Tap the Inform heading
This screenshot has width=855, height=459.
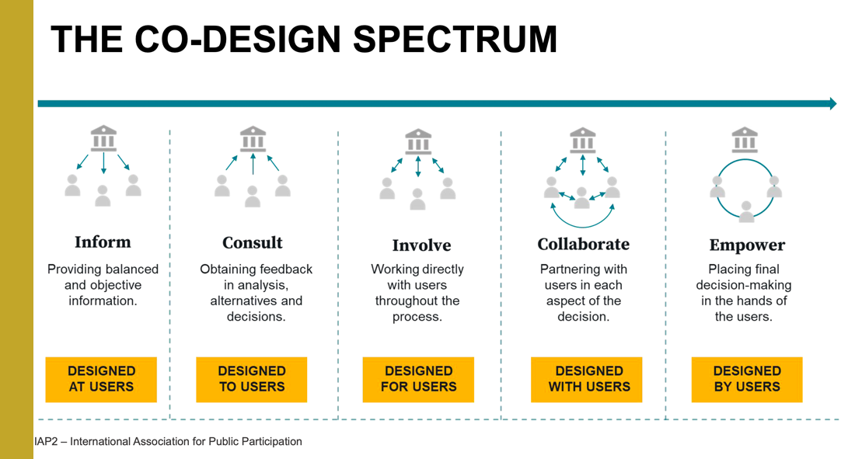(103, 242)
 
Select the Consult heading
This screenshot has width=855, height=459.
(253, 242)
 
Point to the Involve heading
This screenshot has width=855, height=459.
(421, 245)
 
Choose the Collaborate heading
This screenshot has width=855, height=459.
(583, 244)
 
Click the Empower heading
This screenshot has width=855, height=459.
(747, 245)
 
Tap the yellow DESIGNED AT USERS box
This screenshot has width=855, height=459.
(101, 378)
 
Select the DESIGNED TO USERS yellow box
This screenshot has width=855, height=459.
(252, 378)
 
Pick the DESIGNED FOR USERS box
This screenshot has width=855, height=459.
(418, 379)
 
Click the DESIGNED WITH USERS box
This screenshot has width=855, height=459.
(586, 379)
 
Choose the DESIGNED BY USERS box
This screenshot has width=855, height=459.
(747, 379)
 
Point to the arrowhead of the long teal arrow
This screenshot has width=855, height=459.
(832, 103)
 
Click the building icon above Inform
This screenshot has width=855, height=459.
(103, 138)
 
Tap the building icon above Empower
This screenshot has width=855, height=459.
(745, 140)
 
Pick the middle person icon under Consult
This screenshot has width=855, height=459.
(253, 195)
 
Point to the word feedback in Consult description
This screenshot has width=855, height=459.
(283, 269)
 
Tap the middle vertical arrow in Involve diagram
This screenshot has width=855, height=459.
(418, 166)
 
